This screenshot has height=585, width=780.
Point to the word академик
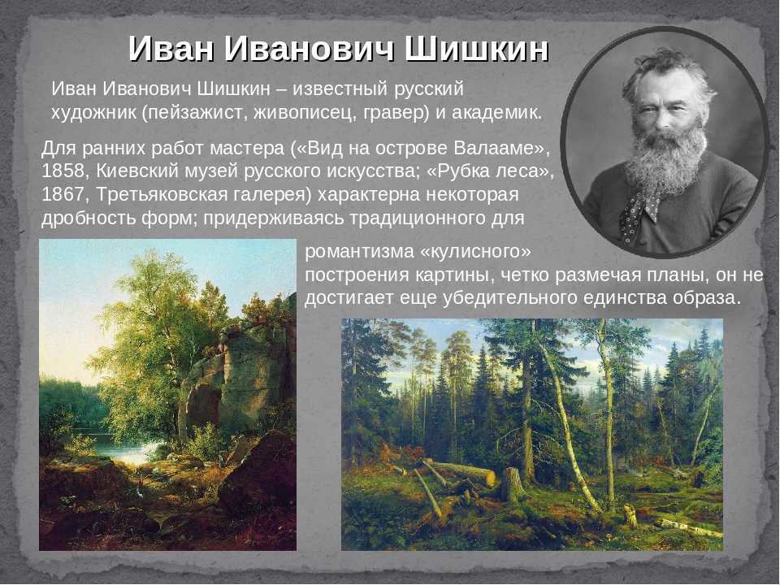pyautogui.click(x=496, y=113)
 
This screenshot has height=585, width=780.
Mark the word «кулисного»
pyautogui.click(x=476, y=252)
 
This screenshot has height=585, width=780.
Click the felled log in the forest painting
pyautogui.click(x=461, y=472)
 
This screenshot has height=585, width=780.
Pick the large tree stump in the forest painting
pyautogui.click(x=513, y=485)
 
